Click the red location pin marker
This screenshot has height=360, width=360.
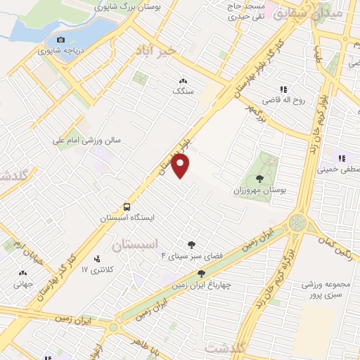181,166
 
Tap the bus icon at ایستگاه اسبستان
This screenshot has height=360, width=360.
127,207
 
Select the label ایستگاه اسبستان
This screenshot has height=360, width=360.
127,218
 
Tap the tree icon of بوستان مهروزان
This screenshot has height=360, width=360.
260,179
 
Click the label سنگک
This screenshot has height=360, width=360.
184,92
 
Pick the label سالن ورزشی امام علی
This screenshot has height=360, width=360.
86,141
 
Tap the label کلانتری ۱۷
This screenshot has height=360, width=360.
97,270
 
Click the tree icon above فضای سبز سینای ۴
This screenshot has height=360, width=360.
191,243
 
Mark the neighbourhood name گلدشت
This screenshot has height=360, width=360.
226,348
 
